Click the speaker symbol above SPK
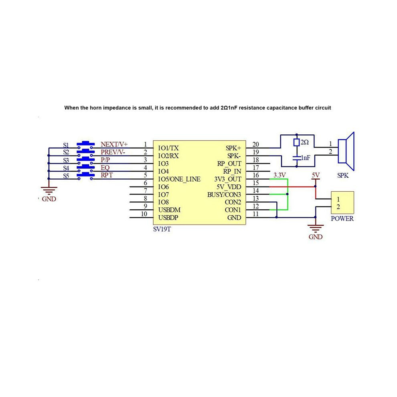(x=346, y=152)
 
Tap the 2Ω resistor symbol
(x=296, y=142)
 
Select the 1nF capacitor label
(x=306, y=158)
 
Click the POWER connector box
(x=342, y=203)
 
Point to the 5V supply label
(x=316, y=175)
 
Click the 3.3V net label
(x=280, y=175)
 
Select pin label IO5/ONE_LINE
(x=179, y=179)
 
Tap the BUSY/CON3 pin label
(x=224, y=195)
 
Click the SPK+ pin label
(x=233, y=148)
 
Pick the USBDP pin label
(x=168, y=218)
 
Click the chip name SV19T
(x=162, y=229)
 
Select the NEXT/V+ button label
(x=114, y=144)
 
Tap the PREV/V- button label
(x=113, y=152)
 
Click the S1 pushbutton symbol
(x=85, y=145)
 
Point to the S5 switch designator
(x=66, y=176)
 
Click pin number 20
(x=256, y=144)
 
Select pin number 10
(x=144, y=214)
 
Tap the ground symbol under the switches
(x=49, y=190)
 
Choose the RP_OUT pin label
(x=229, y=164)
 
